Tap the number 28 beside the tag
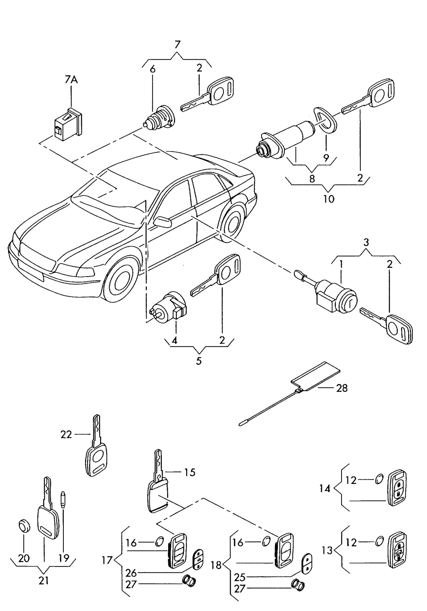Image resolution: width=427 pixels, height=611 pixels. pos(342,388)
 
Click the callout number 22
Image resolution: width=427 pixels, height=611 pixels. pos(66,434)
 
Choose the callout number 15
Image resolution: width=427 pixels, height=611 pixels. pos(189,472)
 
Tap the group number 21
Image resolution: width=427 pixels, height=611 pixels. pos(44,580)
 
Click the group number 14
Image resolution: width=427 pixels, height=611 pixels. pos(325,488)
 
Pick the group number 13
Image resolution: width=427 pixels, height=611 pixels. pos(327,550)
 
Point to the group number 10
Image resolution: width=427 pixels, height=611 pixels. pos(329,199)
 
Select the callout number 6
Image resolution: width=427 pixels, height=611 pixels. pos(153,69)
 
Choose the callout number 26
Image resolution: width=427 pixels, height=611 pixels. pos(131,574)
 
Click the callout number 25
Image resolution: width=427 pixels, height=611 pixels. pos(239,577)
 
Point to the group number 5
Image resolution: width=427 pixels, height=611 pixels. pos(198,361)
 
